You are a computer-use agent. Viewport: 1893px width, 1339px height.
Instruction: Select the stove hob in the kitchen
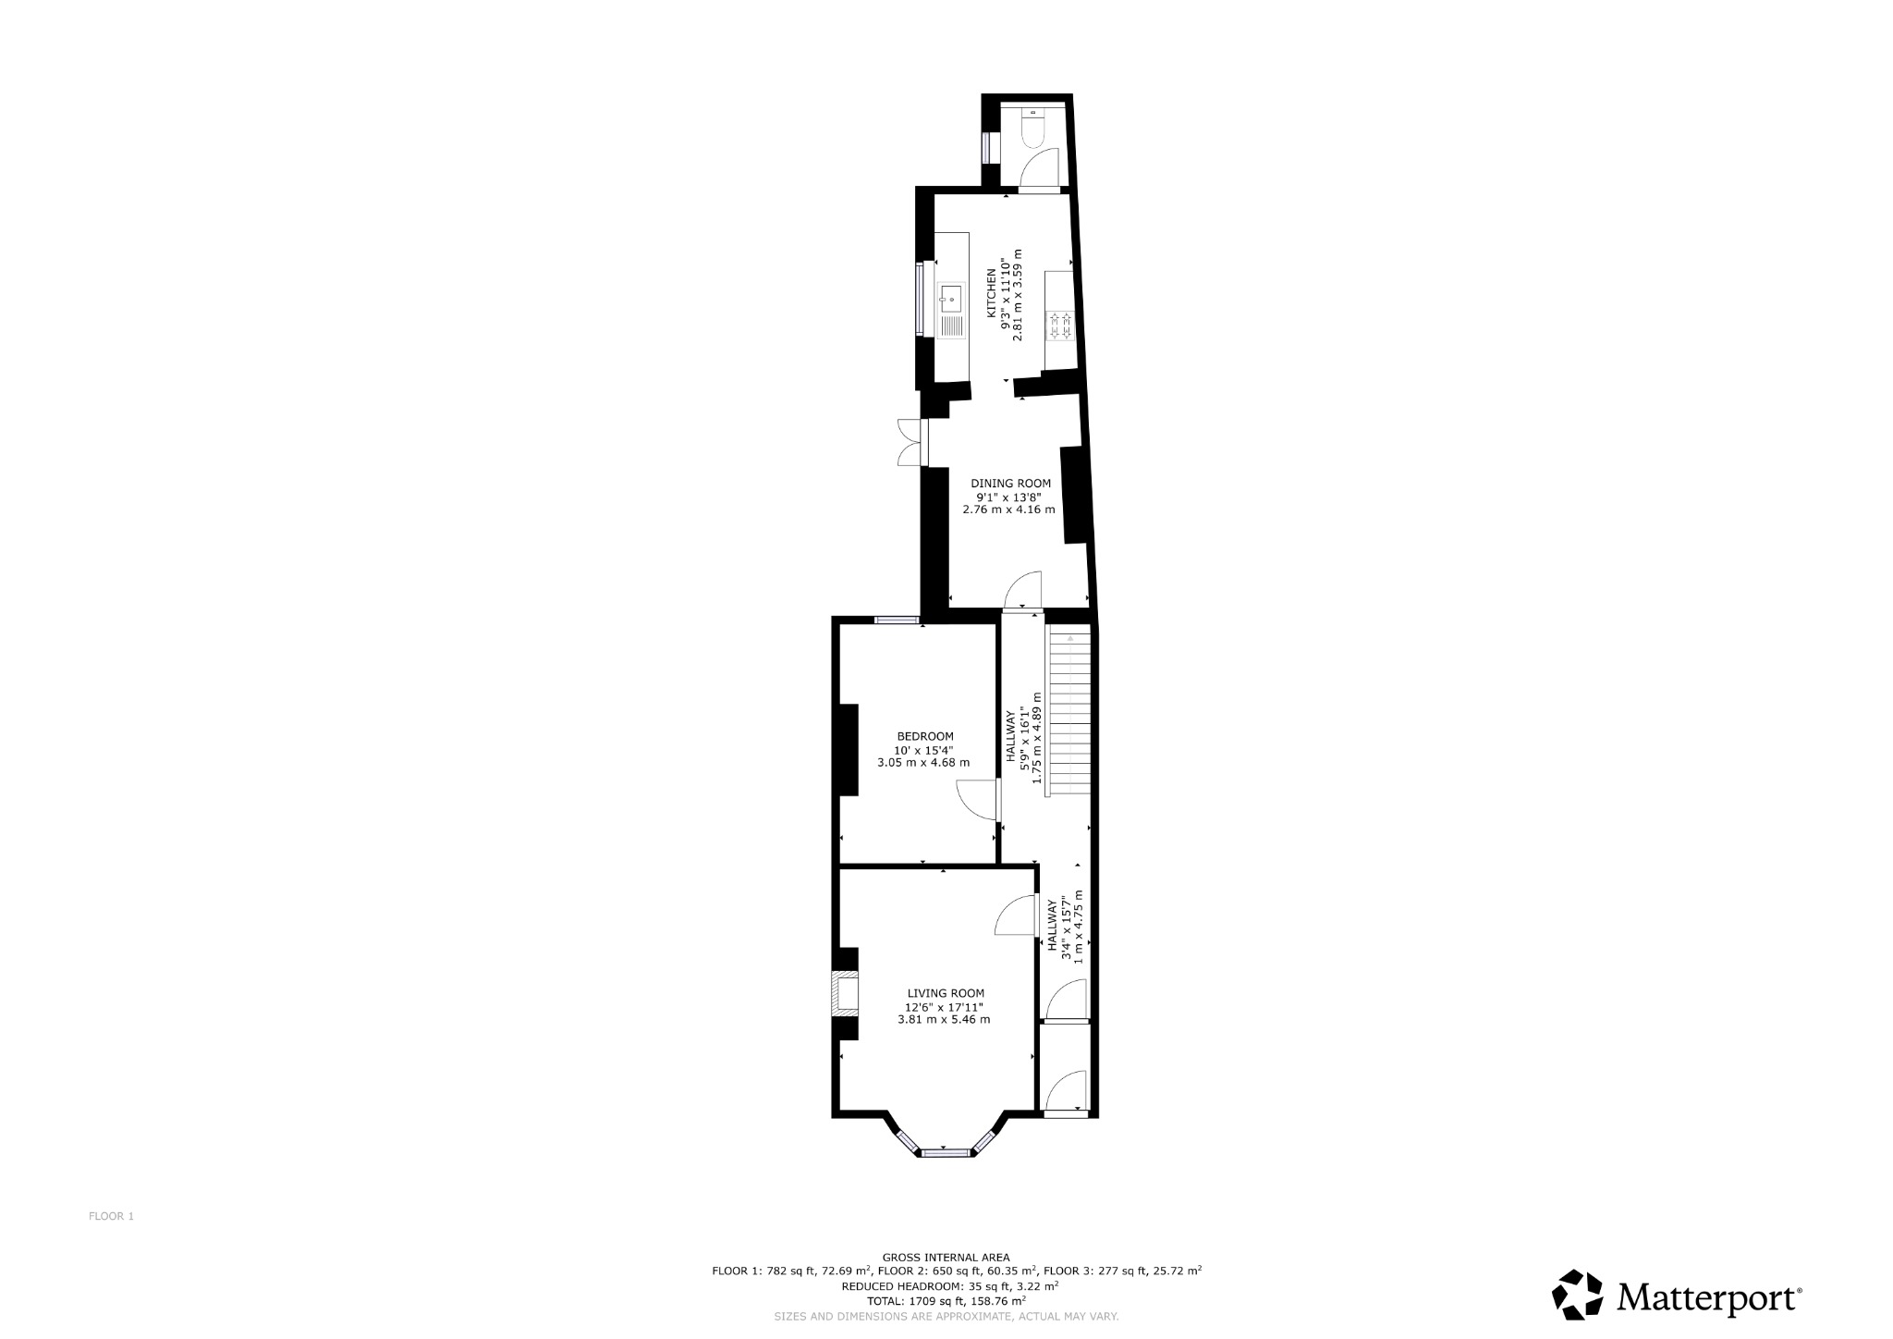coord(1058,326)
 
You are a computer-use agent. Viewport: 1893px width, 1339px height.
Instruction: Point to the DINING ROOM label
coord(1010,483)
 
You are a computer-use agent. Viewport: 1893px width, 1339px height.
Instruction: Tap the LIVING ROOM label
coord(946,993)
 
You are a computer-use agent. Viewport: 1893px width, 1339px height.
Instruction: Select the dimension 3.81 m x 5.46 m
coord(944,1020)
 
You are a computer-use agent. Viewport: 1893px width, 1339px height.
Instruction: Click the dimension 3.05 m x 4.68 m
coord(923,763)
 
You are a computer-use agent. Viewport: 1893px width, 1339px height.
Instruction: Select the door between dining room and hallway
coord(1024,593)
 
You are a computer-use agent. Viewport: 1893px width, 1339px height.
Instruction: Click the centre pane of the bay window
coord(946,1153)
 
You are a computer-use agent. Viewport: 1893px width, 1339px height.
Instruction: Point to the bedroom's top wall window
coord(896,620)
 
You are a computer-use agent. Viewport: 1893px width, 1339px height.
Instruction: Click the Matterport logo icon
coord(1577,1295)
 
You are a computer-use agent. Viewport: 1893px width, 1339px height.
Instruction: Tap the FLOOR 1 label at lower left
coord(111,1216)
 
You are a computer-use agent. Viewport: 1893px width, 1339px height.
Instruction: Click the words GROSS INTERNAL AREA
coord(946,1257)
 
